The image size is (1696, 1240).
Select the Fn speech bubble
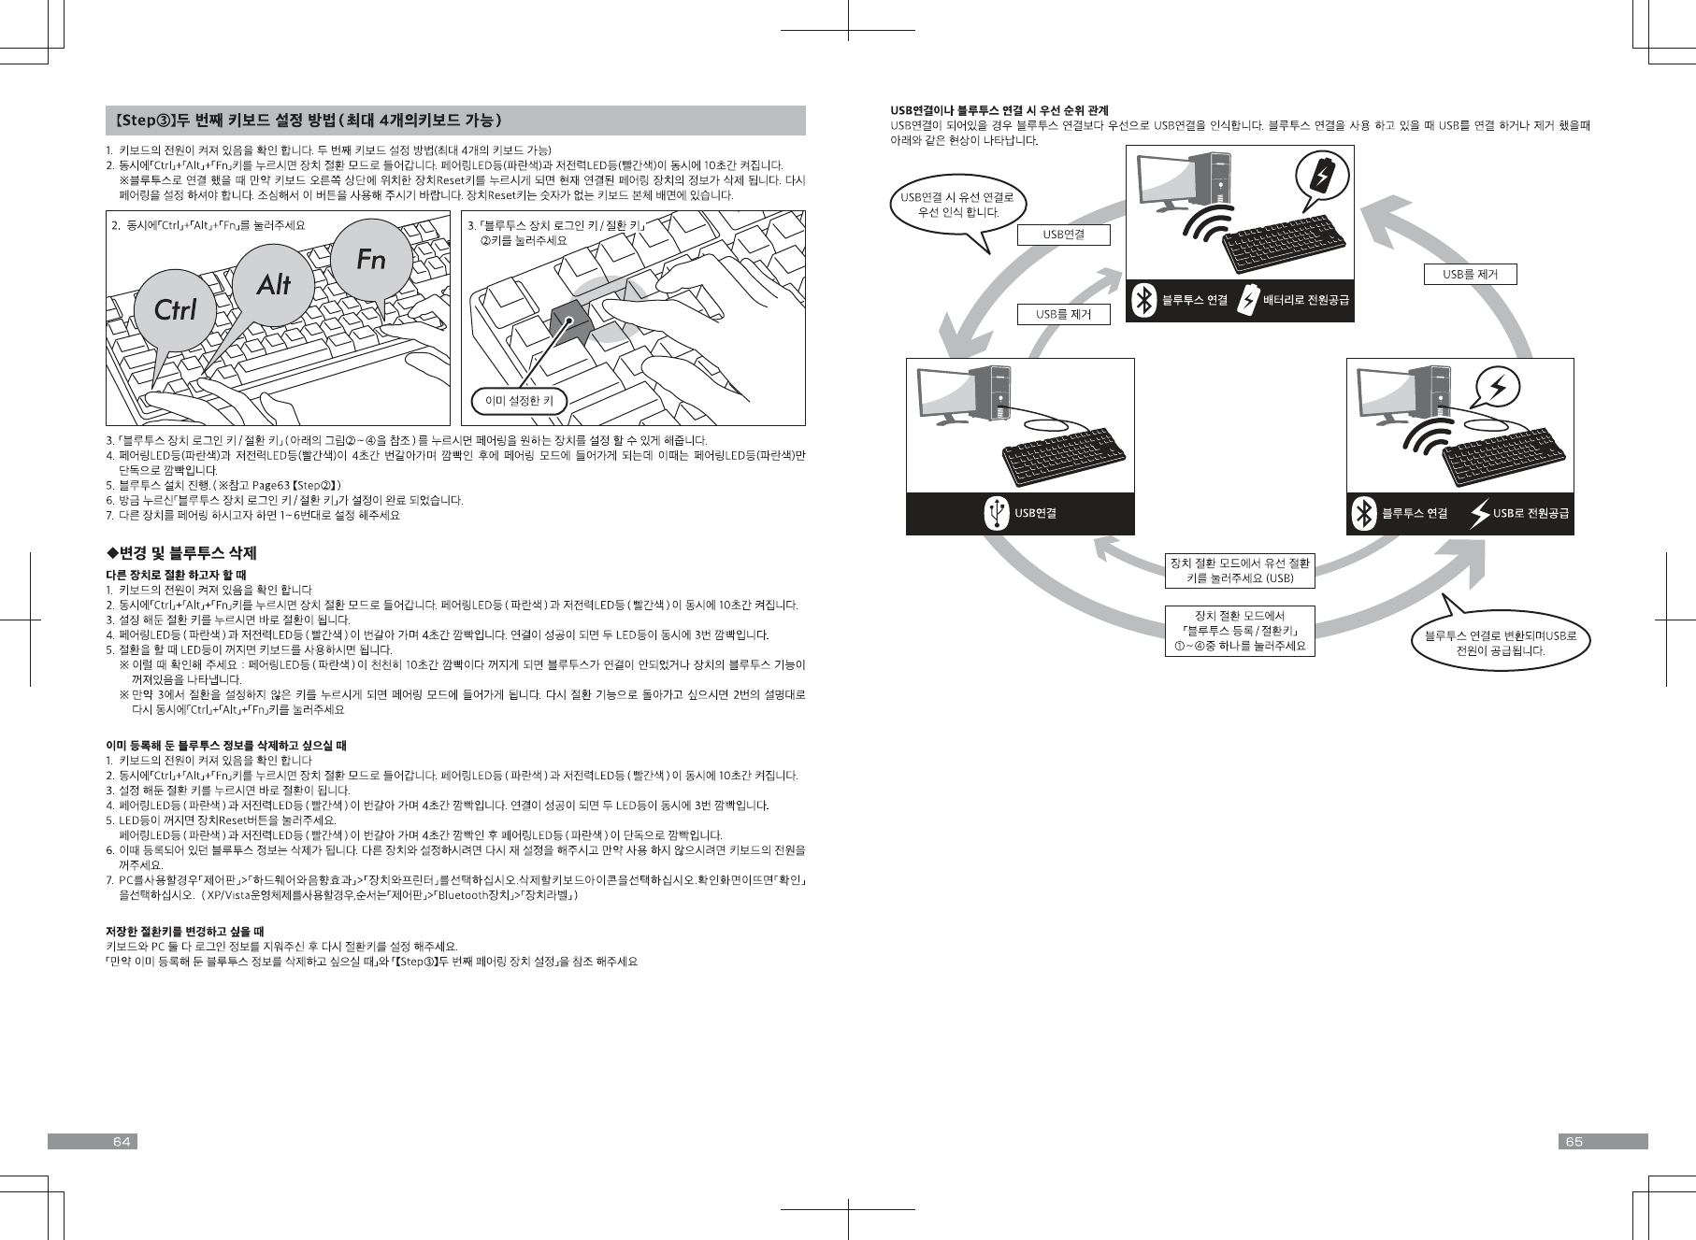[370, 259]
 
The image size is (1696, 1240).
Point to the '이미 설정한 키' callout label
[519, 401]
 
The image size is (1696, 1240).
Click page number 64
[121, 1142]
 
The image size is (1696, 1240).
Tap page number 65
[1574, 1142]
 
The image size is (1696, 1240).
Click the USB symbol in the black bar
[998, 513]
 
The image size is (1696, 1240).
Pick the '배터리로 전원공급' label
[1305, 300]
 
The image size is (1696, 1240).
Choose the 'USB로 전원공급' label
[1530, 513]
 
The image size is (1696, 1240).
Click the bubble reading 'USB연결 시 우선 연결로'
[958, 205]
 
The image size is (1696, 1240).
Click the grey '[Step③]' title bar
[455, 121]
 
